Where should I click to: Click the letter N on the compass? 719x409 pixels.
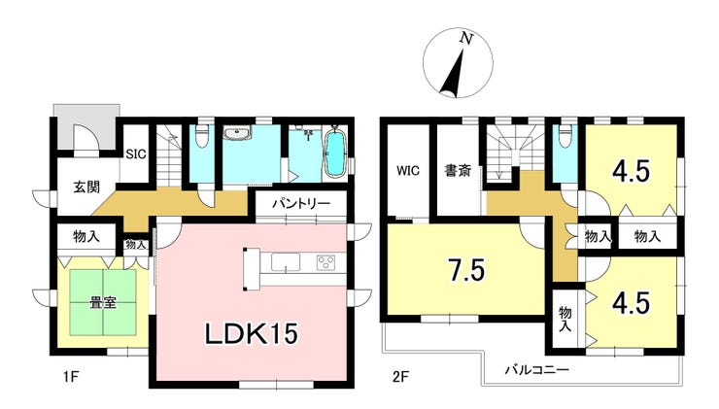pos(466,39)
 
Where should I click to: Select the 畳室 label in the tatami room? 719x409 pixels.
pos(103,303)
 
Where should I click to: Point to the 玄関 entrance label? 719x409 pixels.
pos(86,187)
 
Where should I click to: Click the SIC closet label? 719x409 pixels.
pos(136,154)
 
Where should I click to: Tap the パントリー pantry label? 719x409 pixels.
pos(301,204)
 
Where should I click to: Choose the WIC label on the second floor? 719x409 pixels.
pos(408,171)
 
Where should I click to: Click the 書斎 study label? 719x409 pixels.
pos(458,171)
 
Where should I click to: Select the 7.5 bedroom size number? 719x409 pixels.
pos(466,270)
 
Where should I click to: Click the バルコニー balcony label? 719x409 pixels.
pos(537,369)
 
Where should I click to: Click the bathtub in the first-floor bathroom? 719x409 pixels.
pos(335,153)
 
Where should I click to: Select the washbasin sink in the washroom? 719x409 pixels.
pos(237,133)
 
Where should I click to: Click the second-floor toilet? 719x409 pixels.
pos(565,136)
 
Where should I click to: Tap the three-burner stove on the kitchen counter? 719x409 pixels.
pos(326,262)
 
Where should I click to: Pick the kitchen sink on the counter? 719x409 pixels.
pos(286,262)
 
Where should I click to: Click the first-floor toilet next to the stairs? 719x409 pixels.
pos(202,136)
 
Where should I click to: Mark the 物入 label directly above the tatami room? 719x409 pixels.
pos(86,237)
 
